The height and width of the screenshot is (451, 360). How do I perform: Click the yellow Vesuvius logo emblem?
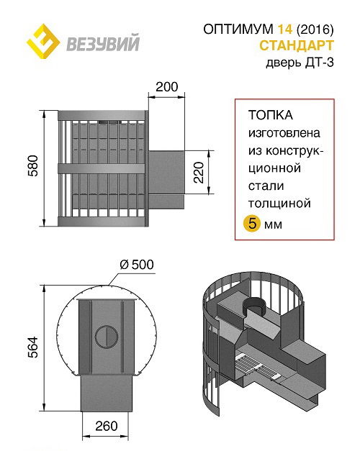[x=43, y=42]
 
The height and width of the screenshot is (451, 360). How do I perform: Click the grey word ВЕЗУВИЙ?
[x=103, y=42]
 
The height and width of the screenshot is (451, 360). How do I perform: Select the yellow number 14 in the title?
[x=284, y=29]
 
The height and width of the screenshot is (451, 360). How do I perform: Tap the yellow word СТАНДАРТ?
[x=297, y=45]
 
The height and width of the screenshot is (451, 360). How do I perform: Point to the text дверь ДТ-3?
[x=300, y=62]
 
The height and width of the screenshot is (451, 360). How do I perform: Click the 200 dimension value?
[x=167, y=87]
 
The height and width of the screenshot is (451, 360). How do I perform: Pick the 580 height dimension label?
[x=33, y=166]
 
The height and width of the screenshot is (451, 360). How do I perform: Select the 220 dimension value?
[x=199, y=173]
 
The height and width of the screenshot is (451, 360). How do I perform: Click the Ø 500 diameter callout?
[x=137, y=265]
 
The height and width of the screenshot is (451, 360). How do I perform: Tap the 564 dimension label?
[x=33, y=347]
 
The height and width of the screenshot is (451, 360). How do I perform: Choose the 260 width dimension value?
[x=107, y=426]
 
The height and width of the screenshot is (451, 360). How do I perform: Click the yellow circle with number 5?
[x=252, y=224]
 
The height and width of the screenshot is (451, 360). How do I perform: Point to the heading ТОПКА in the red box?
[x=271, y=115]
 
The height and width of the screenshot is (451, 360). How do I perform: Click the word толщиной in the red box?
[x=279, y=204]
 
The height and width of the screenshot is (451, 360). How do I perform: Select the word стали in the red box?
[x=266, y=186]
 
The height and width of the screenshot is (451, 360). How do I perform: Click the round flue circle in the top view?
[x=107, y=337]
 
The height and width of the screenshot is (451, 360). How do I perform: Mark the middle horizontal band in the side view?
[x=101, y=169]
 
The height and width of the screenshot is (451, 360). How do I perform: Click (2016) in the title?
[x=315, y=29]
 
